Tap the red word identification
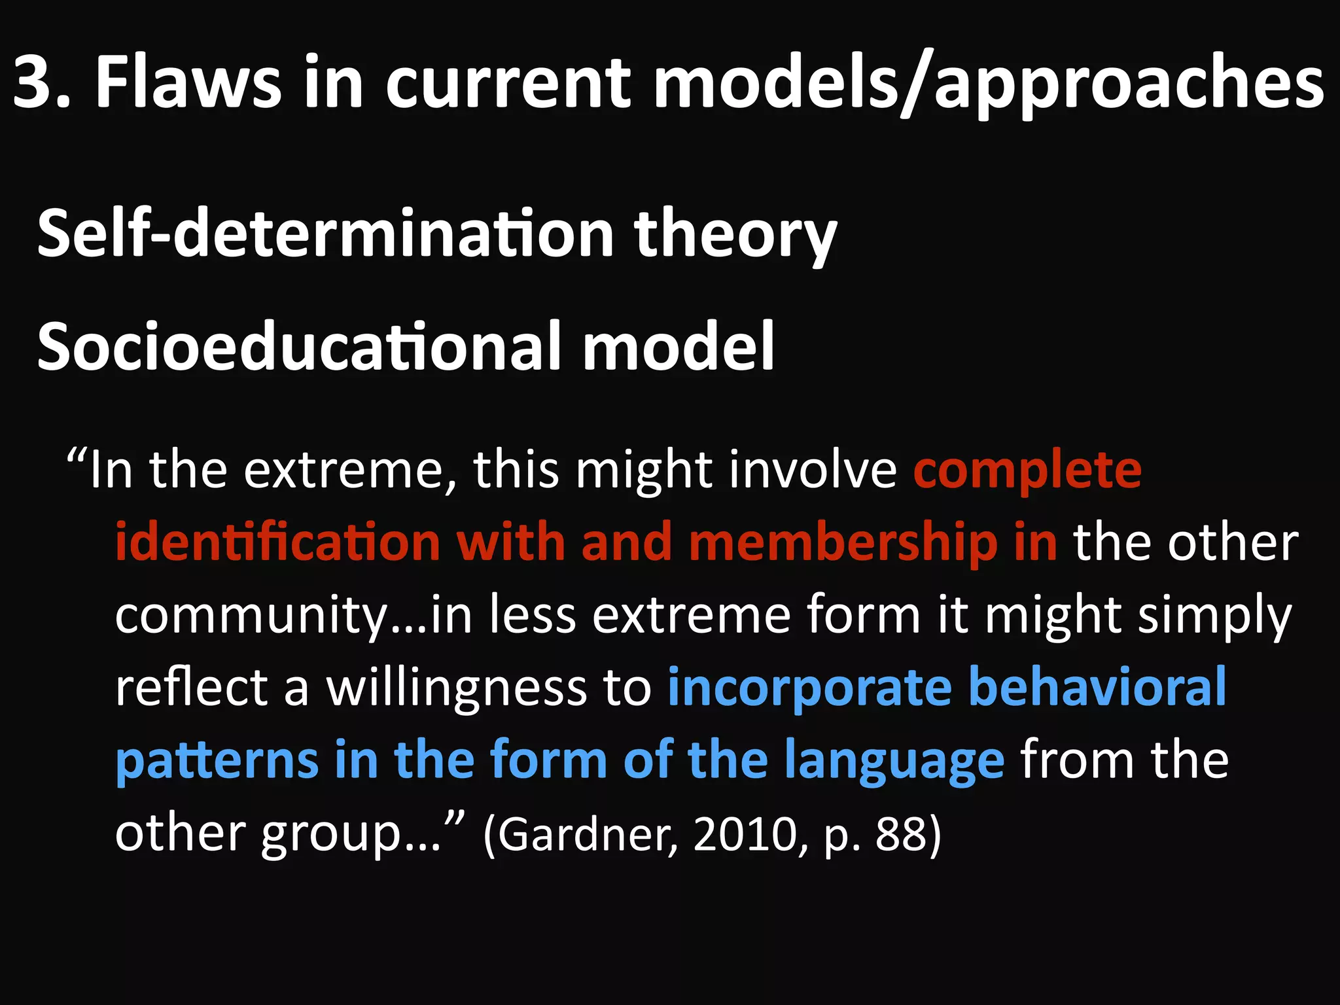pyautogui.click(x=278, y=542)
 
